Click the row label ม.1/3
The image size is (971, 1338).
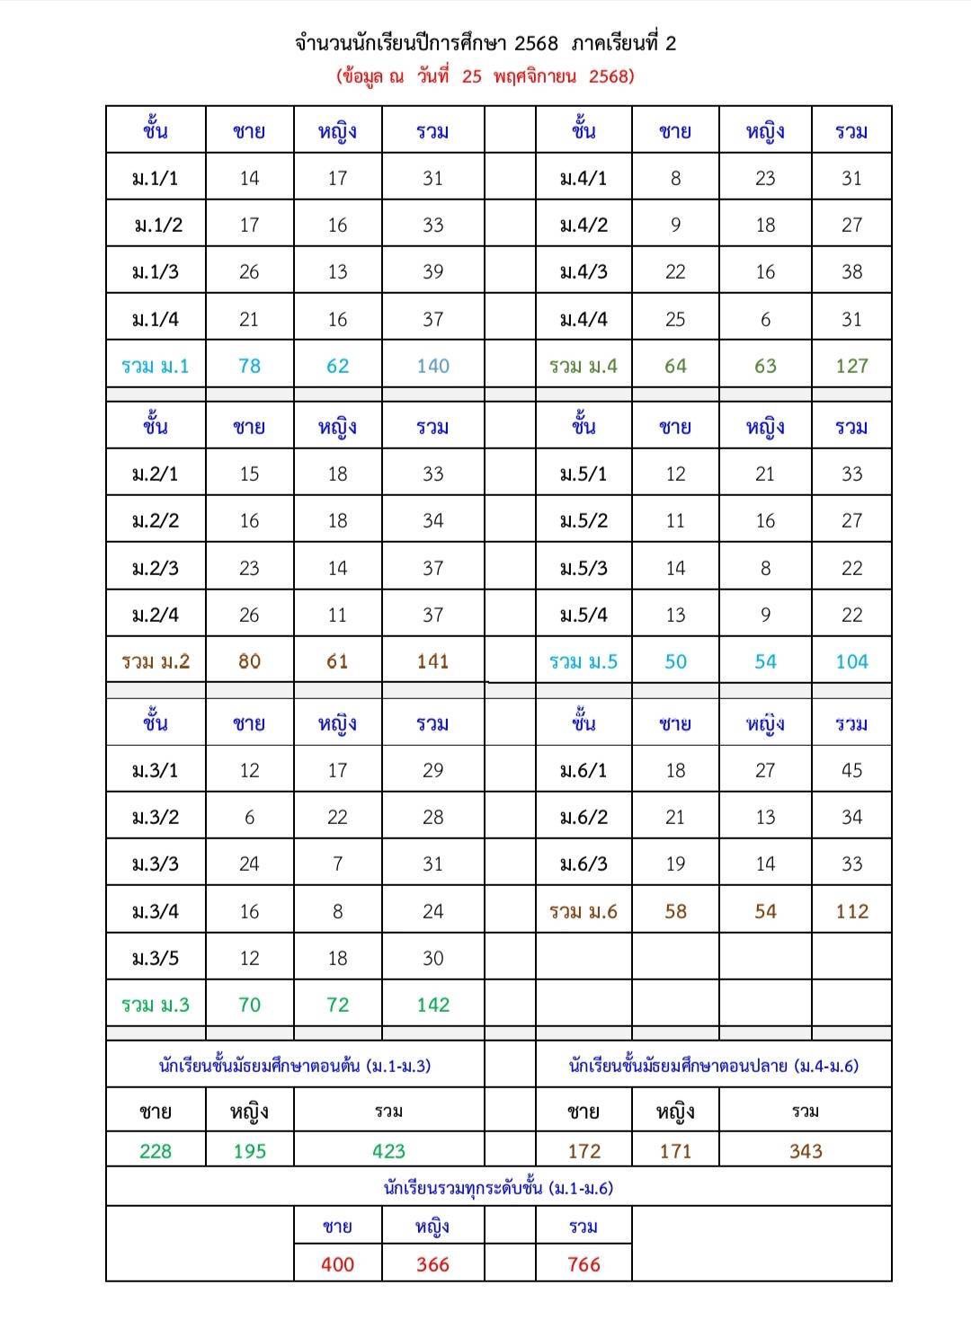click(156, 271)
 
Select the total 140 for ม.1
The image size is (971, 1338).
click(432, 366)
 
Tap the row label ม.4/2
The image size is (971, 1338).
click(583, 225)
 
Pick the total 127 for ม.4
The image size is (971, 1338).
click(851, 366)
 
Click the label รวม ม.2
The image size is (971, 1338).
click(156, 661)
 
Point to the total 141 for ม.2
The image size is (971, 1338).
click(432, 661)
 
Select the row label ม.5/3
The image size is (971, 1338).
click(583, 568)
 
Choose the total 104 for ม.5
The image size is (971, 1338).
click(851, 661)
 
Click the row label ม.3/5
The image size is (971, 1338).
click(156, 958)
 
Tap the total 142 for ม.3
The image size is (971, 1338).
click(432, 1005)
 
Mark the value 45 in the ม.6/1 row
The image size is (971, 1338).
click(851, 770)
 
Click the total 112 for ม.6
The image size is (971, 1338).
click(851, 911)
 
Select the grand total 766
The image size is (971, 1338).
click(583, 1264)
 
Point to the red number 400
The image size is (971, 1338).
click(337, 1264)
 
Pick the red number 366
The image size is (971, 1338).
click(432, 1264)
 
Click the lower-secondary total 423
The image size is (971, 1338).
click(388, 1151)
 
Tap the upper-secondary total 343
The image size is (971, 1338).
click(806, 1151)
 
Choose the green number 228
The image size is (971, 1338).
click(156, 1151)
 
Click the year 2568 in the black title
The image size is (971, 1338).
click(537, 43)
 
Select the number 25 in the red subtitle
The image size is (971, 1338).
click(472, 76)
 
